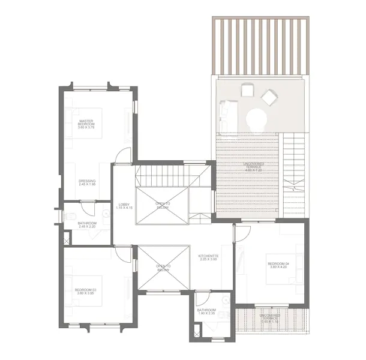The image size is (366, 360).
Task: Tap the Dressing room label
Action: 87,182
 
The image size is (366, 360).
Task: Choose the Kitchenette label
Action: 208,257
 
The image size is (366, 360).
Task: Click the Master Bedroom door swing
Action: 123,155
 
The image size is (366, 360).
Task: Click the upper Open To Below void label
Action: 163,206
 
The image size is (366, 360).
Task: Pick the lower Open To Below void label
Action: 163,268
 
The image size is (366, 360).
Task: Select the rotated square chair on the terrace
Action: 270,97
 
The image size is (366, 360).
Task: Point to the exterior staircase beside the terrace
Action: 293,174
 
